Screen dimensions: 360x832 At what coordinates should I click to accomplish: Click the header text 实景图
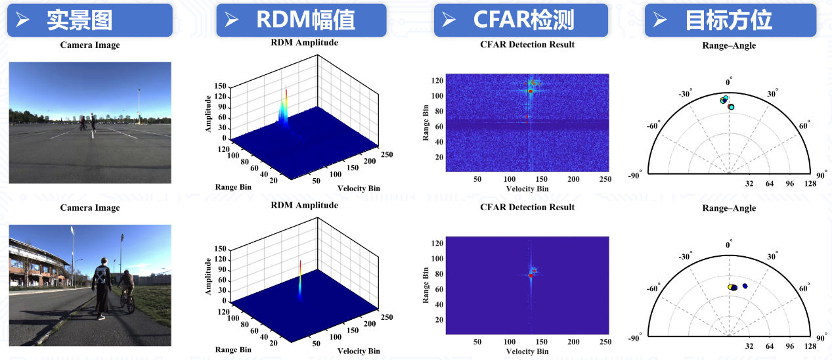(x=79, y=20)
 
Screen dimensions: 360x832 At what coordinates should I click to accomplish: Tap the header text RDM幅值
(x=305, y=20)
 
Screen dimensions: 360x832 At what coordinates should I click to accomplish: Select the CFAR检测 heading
(x=523, y=20)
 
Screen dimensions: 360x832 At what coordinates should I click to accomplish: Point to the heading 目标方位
(x=728, y=20)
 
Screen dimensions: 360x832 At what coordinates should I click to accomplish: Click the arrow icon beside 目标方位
(x=660, y=20)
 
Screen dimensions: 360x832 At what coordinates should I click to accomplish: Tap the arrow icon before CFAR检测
(x=449, y=20)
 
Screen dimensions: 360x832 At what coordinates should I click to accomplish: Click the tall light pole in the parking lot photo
(x=139, y=105)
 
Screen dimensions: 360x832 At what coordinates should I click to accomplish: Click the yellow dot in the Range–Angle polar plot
(x=730, y=287)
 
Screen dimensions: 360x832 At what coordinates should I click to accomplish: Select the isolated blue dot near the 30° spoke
(x=745, y=286)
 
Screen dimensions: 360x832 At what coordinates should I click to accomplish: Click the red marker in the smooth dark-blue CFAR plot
(x=531, y=276)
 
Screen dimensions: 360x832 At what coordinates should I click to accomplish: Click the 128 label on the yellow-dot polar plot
(x=810, y=346)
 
